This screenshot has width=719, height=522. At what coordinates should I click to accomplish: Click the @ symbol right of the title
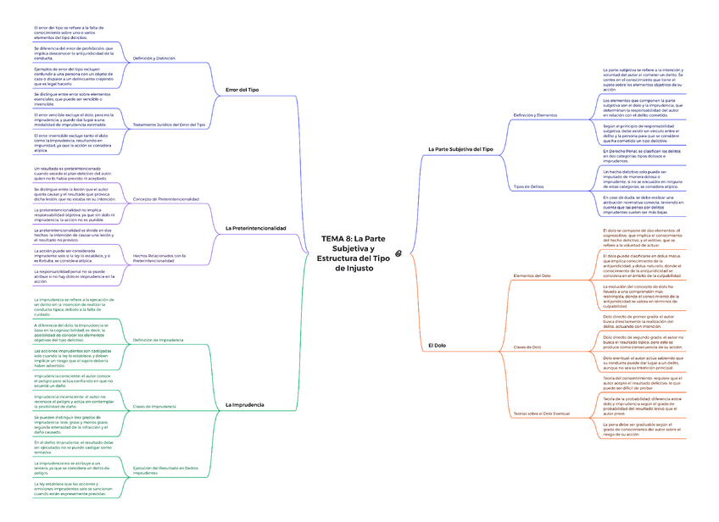click(x=410, y=252)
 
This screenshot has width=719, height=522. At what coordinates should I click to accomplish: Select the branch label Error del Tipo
click(x=242, y=89)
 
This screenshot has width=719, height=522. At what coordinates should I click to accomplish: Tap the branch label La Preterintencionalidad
click(x=256, y=228)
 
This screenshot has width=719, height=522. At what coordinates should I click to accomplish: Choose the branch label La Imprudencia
click(x=244, y=405)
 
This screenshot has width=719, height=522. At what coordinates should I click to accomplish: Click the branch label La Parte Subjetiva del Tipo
click(x=461, y=148)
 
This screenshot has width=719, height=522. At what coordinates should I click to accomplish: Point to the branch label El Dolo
click(x=437, y=346)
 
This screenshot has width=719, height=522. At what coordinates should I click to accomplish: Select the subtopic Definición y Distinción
click(x=153, y=58)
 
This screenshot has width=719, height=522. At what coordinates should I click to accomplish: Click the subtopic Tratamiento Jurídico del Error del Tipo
click(x=169, y=125)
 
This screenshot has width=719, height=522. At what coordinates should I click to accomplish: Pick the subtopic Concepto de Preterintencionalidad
click(x=166, y=199)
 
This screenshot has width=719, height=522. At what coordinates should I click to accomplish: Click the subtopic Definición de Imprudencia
click(x=158, y=340)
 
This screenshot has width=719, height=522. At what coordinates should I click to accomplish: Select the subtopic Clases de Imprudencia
click(x=154, y=407)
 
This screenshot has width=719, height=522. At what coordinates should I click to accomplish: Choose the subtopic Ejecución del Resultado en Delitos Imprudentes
click(x=165, y=470)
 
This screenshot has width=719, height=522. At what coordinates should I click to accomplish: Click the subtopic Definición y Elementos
click(x=535, y=114)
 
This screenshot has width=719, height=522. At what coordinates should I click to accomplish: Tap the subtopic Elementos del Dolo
click(x=532, y=276)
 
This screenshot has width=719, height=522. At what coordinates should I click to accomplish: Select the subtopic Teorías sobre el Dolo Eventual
click(x=541, y=413)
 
